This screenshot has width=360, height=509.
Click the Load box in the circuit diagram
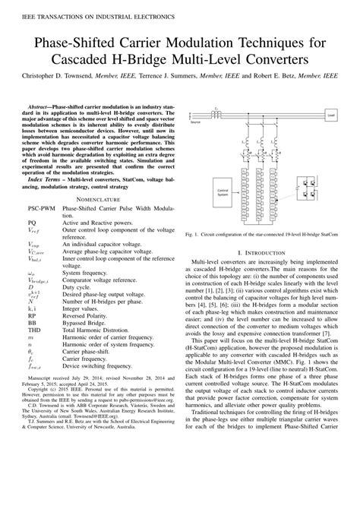tap(330, 115)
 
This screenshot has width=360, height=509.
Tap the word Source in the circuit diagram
tap(196, 122)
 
